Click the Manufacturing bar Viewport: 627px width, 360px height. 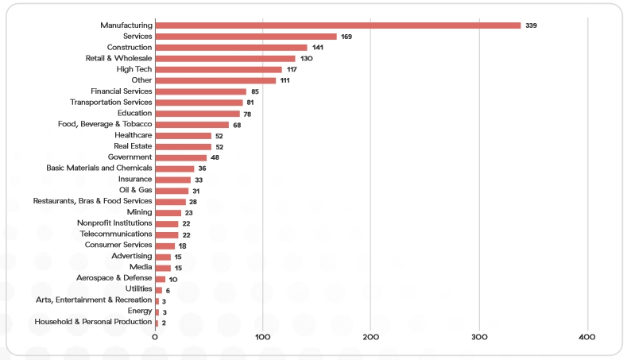click(338, 25)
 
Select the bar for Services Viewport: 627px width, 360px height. click(246, 37)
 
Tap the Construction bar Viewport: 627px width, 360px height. click(231, 48)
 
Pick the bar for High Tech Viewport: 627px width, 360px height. click(219, 69)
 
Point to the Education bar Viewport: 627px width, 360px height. click(198, 114)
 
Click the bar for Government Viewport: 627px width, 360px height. click(181, 157)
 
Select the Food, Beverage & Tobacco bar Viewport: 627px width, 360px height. click(192, 125)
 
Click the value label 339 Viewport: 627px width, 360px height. click(532, 26)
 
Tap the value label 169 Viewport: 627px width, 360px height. click(346, 37)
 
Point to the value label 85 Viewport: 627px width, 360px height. click(255, 92)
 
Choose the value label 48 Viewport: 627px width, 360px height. click(215, 158)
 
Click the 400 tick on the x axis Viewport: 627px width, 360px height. click(587, 338)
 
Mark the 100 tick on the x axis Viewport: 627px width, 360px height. click(263, 338)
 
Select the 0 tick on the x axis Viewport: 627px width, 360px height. click(156, 338)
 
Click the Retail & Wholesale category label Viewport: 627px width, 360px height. click(118, 58)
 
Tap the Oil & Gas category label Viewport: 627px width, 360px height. click(135, 190)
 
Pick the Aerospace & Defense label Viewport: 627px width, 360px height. click(114, 278)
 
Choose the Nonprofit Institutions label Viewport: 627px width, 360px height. click(114, 223)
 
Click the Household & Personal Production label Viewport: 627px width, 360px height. click(93, 322)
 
